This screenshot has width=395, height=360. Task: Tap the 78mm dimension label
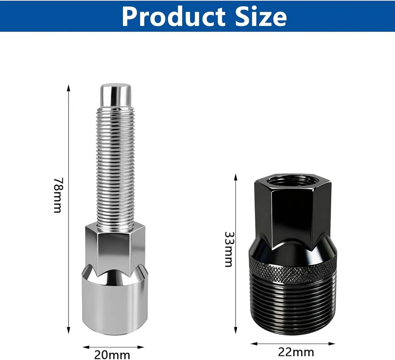pyautogui.click(x=58, y=195)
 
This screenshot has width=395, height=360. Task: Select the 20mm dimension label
pyautogui.click(x=112, y=355)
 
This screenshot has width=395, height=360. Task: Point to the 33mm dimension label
pyautogui.click(x=228, y=249)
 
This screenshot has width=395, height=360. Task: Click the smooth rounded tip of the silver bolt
pyautogui.click(x=116, y=94)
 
